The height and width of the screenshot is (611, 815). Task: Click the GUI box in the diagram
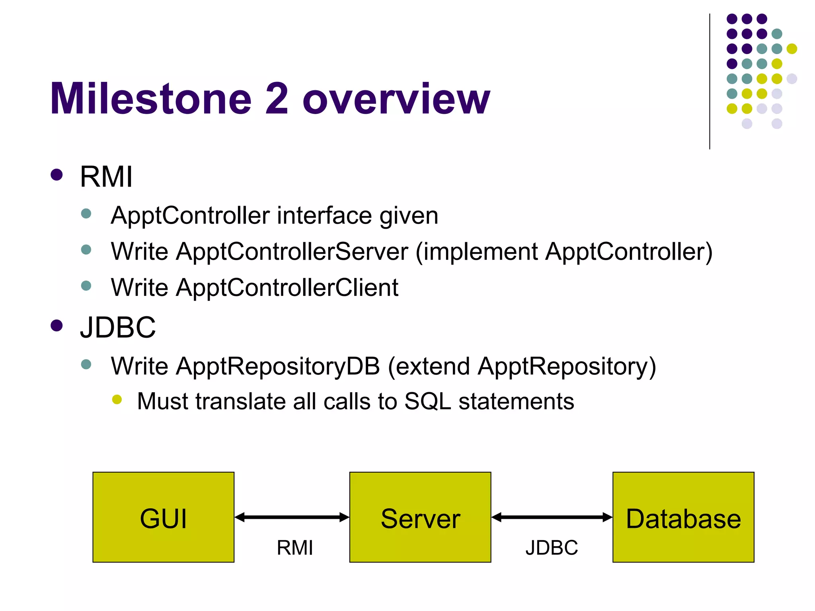coord(163,517)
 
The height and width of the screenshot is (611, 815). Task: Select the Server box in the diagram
coord(420,517)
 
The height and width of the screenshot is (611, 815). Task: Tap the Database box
coord(683,517)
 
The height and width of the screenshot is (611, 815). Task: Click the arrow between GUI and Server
coord(292,517)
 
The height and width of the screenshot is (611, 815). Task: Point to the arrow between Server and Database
coord(552,517)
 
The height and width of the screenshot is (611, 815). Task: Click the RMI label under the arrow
coord(294,548)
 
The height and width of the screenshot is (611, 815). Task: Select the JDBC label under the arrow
coord(552,548)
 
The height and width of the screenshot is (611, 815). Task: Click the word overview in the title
coord(396,99)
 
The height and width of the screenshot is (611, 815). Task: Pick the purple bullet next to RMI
coord(57,175)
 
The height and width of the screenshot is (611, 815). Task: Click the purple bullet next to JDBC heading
coord(57,325)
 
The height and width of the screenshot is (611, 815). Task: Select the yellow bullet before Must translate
coord(117,399)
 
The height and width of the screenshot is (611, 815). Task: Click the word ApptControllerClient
coord(287,287)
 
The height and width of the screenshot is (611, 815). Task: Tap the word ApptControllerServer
coord(292,252)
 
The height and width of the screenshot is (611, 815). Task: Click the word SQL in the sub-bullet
coord(427,401)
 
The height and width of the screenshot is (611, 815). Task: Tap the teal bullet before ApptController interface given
coord(86,214)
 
